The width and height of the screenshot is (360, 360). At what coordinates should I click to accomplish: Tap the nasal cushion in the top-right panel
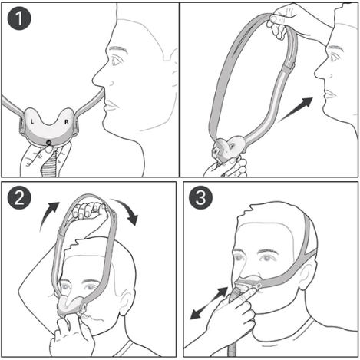(x=229, y=146)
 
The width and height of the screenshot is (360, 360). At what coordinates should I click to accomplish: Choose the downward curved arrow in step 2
(x=126, y=211)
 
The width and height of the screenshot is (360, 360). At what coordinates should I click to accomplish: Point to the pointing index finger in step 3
(x=242, y=295)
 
